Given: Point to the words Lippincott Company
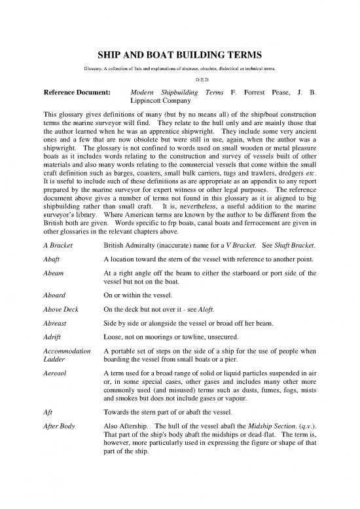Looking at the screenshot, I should [x=161, y=102].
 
